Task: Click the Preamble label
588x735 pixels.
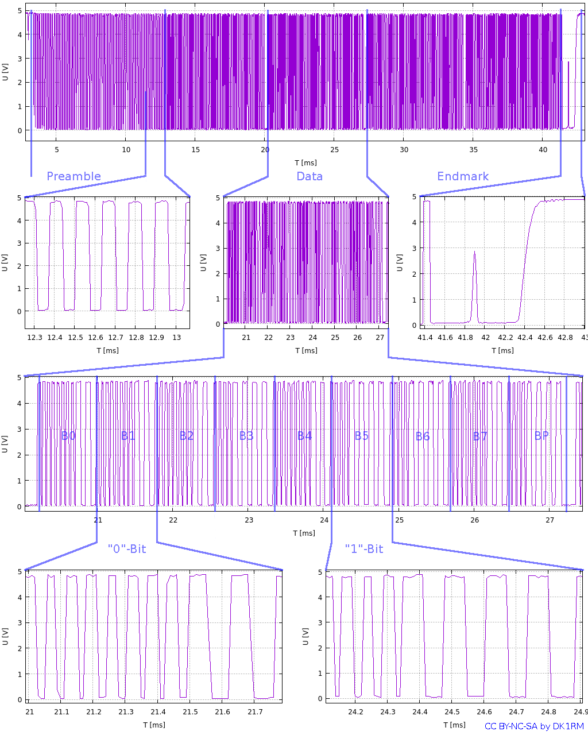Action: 73,176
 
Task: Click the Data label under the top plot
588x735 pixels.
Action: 310,176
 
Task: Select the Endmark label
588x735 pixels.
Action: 463,176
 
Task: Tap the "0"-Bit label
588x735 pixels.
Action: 127,549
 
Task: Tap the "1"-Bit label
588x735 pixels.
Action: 364,549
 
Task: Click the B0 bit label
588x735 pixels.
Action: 68,436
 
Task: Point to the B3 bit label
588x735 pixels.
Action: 246,436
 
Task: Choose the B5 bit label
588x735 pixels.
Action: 362,436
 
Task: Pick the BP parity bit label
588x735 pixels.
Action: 541,436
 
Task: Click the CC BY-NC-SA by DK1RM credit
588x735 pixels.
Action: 534,726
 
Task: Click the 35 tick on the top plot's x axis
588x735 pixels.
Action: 474,150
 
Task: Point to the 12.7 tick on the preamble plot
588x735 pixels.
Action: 116,338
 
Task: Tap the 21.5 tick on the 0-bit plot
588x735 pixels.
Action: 190,712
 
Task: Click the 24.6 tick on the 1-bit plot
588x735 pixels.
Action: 484,712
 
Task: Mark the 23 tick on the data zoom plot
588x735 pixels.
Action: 291,338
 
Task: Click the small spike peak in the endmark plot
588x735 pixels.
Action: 474,252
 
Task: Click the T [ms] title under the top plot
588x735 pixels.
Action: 305,163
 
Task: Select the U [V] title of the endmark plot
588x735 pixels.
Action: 400,262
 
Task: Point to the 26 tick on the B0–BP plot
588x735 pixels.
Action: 475,520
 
